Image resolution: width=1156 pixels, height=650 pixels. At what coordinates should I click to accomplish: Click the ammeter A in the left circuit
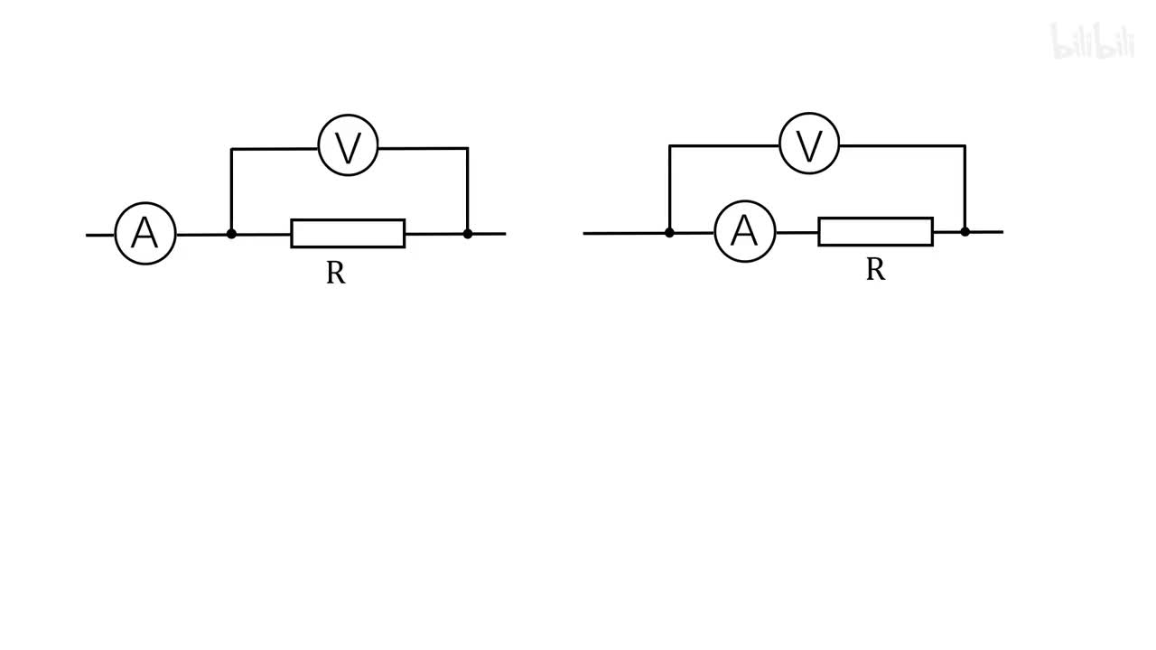(145, 234)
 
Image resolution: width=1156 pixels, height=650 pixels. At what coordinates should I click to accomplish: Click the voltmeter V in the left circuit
(348, 146)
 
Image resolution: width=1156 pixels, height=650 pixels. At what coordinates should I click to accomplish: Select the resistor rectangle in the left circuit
(348, 233)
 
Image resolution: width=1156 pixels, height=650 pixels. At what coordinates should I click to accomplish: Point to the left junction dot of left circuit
(231, 234)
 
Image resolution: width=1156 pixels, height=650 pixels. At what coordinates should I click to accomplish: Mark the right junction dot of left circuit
(468, 234)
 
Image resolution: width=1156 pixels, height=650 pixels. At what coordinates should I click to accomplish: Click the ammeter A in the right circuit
(744, 232)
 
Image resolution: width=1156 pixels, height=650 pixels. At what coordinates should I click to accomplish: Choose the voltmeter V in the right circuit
(809, 144)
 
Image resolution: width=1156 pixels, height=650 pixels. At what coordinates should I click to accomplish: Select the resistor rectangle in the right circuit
(875, 231)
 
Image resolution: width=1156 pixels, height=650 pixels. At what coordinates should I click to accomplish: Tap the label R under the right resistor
(875, 269)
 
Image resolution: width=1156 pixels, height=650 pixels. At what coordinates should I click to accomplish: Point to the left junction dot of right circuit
(669, 232)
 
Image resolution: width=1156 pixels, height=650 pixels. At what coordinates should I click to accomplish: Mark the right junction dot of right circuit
(965, 232)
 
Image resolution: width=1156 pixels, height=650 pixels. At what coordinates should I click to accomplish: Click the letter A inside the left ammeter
(144, 234)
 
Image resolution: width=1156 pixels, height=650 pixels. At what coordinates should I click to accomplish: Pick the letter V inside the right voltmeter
(809, 145)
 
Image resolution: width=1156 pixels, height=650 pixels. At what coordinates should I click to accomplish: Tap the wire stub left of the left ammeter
(100, 235)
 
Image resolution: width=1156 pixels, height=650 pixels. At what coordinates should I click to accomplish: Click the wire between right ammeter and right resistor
(797, 232)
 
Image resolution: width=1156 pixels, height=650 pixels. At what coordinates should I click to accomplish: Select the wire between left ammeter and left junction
(203, 235)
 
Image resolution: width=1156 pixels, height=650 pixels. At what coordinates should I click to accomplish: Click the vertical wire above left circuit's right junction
(468, 190)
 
